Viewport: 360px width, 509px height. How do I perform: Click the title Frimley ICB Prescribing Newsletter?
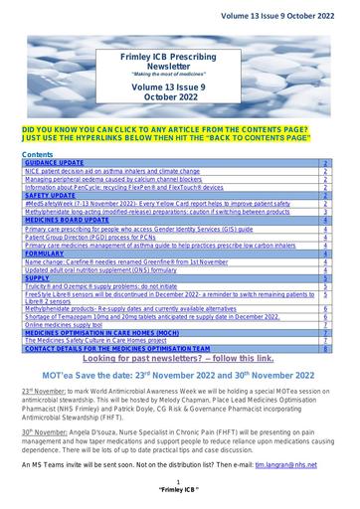[x=179, y=66]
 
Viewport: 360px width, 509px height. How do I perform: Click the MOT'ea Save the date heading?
[x=179, y=375]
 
